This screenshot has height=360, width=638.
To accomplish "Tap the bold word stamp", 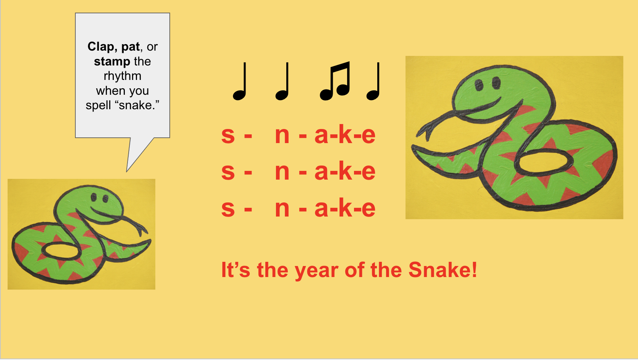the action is (112, 62).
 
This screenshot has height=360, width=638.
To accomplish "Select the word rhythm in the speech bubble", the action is (123, 76).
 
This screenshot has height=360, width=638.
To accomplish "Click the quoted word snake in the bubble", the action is (132, 105).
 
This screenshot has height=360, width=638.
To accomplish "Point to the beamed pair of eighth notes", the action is (335, 81).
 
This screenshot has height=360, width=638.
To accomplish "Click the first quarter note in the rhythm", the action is (239, 81).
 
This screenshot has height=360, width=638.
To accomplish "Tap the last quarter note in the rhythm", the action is (373, 81).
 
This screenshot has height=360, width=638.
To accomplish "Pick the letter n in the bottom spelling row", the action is (282, 209).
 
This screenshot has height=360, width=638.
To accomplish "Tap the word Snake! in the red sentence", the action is (443, 269).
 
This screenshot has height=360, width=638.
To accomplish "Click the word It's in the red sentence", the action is (236, 269).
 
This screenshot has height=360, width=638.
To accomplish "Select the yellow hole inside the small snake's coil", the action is (60, 251).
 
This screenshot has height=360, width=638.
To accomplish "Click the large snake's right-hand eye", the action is (496, 83).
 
